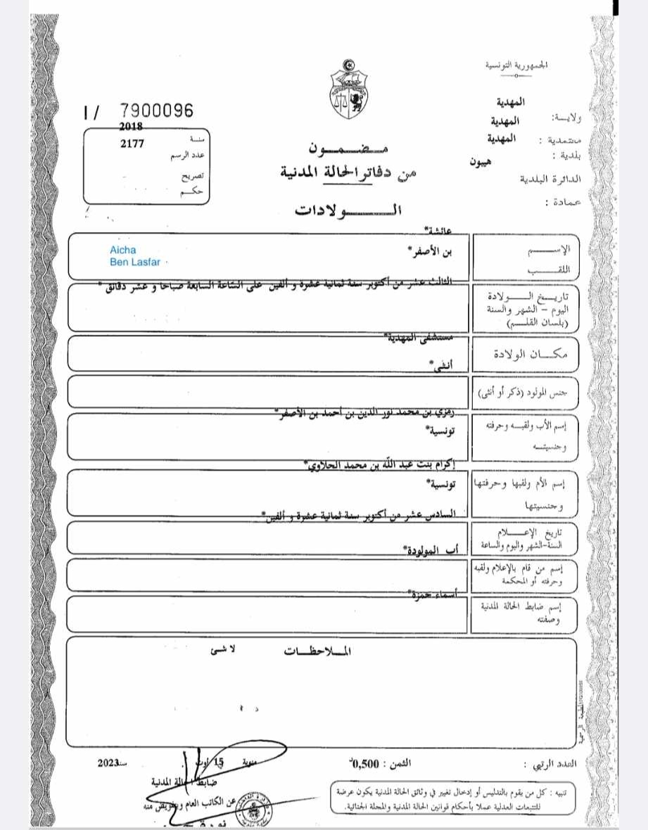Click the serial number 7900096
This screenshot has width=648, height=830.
click(155, 110)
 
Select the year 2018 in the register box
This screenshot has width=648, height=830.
click(131, 127)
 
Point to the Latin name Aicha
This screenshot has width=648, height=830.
click(123, 250)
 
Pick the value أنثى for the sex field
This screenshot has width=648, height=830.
click(440, 364)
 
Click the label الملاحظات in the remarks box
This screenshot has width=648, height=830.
click(316, 651)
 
